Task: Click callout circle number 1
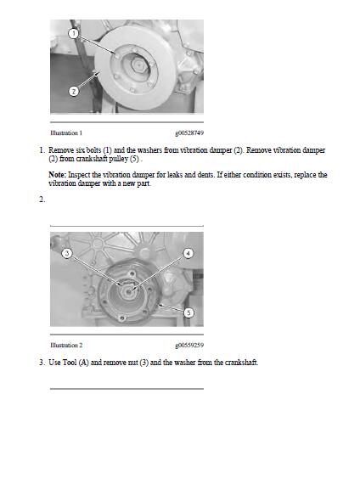[74, 33]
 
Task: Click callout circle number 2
[74, 92]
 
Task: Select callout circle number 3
[67, 253]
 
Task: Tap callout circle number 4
[188, 253]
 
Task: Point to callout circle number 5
[188, 312]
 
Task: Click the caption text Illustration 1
[66, 133]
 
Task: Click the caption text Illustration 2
[66, 345]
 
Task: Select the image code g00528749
[189, 133]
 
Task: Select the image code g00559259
[189, 345]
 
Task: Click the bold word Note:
[58, 175]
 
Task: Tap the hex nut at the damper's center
[138, 65]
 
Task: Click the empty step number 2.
[42, 200]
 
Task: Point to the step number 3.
[42, 363]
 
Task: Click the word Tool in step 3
[70, 363]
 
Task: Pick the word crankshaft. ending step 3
[241, 363]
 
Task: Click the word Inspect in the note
[79, 175]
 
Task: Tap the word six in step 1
[80, 150]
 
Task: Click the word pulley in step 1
[119, 159]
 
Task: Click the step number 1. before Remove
[42, 150]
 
